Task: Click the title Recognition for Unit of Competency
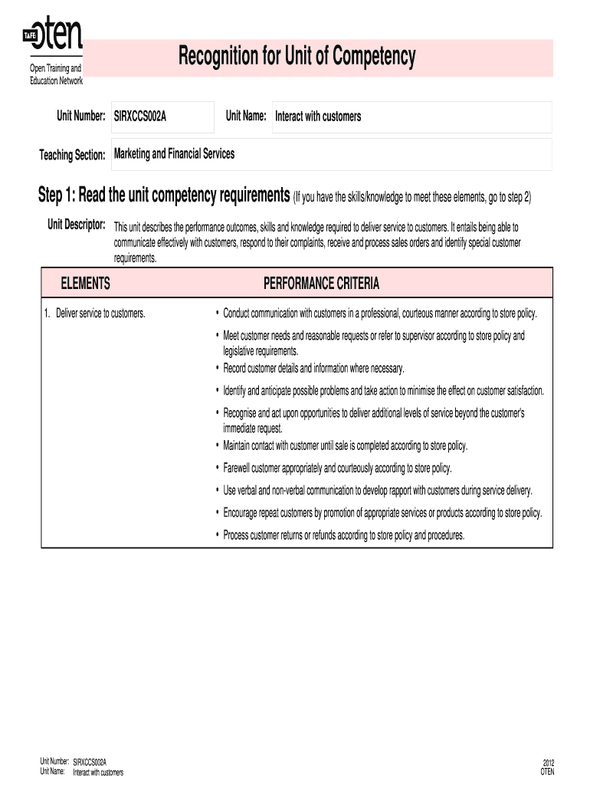click(x=297, y=57)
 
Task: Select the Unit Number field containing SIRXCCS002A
click(x=162, y=117)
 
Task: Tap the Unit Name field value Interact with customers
click(x=318, y=117)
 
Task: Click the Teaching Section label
click(x=72, y=156)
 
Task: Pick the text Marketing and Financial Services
click(x=175, y=154)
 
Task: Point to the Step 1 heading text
click(x=164, y=196)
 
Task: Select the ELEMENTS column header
click(x=86, y=284)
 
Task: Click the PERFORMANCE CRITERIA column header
click(x=321, y=284)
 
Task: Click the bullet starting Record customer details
click(x=313, y=368)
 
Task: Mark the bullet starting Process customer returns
click(x=343, y=535)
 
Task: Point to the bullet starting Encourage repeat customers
click(x=382, y=513)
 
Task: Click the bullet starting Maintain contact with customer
click(x=345, y=446)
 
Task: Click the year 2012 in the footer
click(x=548, y=763)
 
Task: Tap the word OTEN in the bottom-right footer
click(x=547, y=772)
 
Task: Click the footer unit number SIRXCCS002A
click(x=90, y=762)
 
